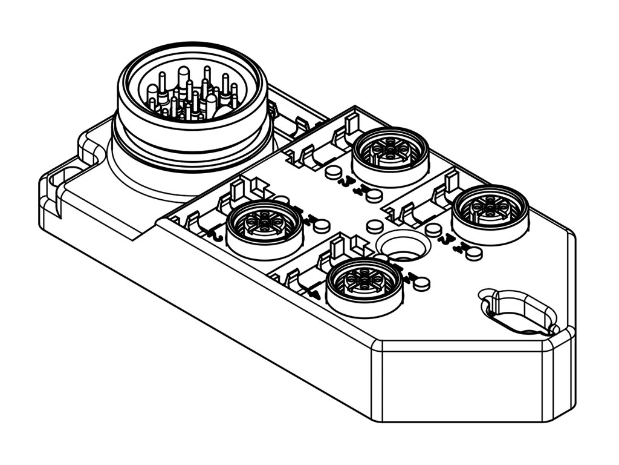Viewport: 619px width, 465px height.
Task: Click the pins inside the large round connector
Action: click(192, 96)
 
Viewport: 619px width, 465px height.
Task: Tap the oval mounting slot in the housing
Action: click(519, 312)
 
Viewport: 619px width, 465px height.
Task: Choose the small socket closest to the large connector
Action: click(265, 225)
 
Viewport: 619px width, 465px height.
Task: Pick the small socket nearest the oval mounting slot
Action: click(490, 209)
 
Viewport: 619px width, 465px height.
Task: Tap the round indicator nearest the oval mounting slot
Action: click(475, 253)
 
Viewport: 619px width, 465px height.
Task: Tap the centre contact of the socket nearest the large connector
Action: click(265, 222)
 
